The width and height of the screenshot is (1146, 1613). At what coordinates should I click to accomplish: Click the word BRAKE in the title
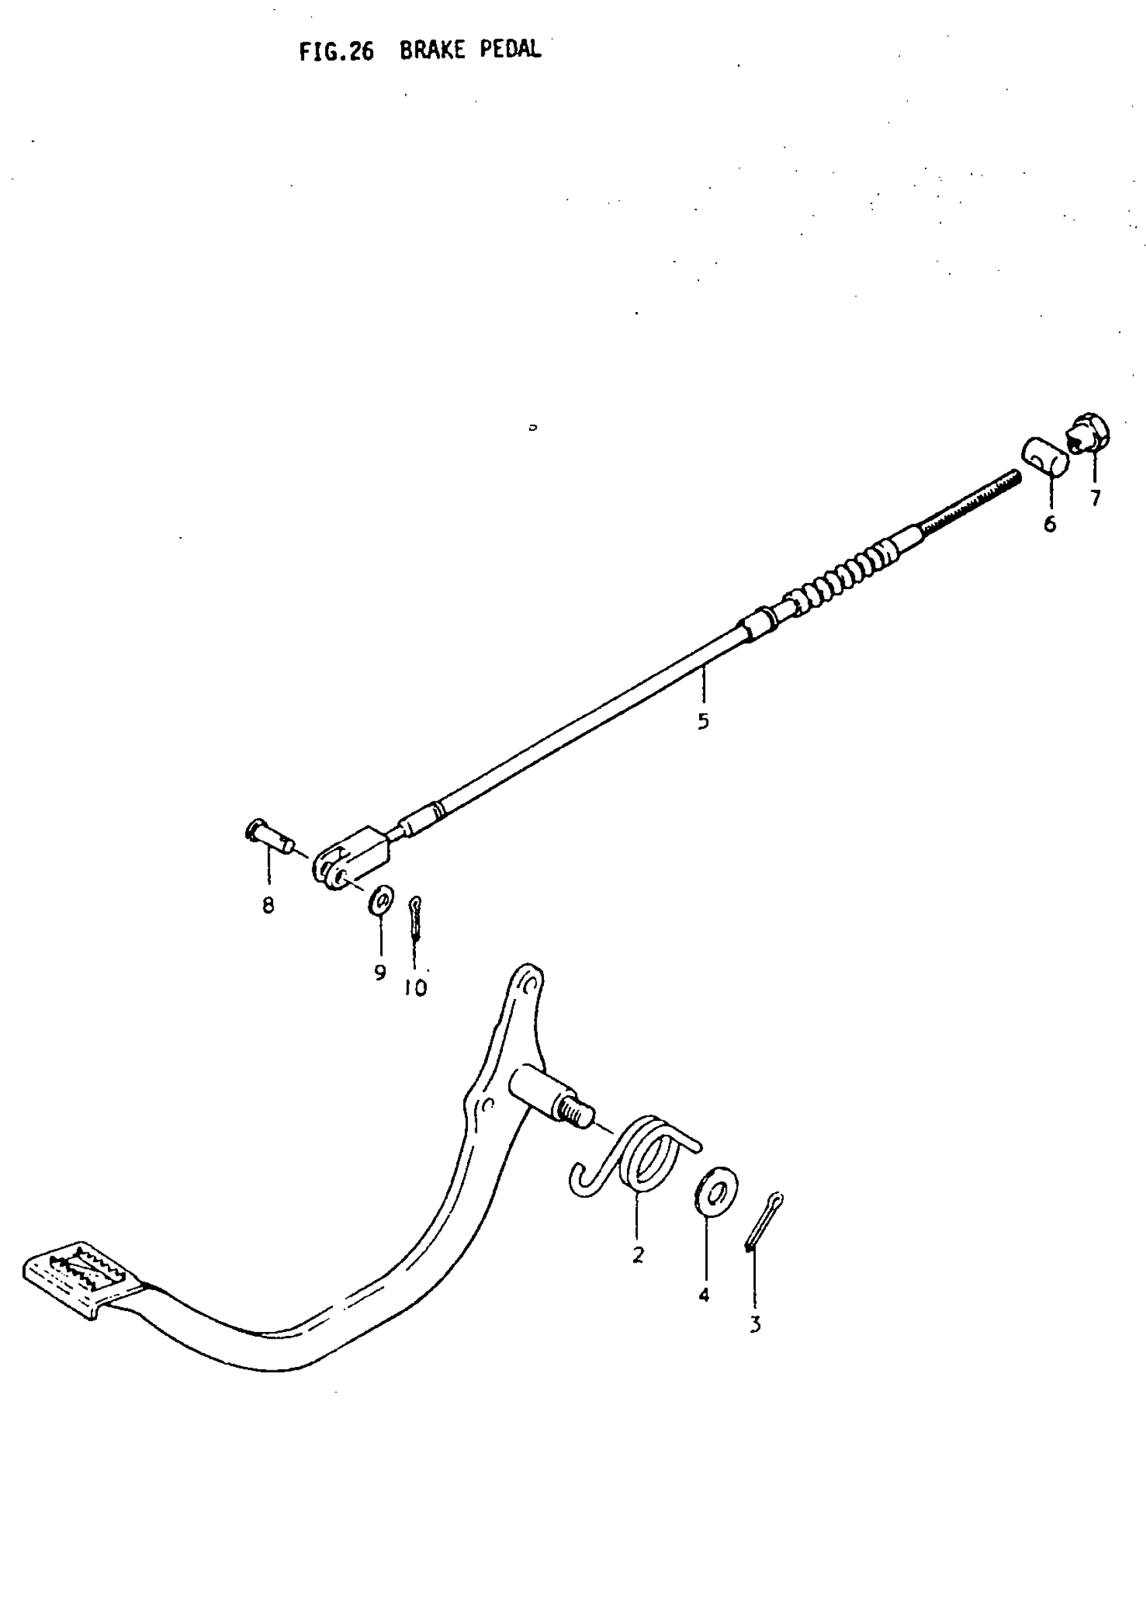pos(432,51)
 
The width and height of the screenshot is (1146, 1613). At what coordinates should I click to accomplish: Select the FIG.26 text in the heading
pos(336,51)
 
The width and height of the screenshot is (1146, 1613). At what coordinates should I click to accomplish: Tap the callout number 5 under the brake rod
pos(703,721)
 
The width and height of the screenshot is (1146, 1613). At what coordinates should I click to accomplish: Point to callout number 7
pos(1095,498)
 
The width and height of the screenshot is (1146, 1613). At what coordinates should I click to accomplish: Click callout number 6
pos(1050,524)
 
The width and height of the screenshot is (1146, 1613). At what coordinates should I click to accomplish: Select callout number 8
pos(268,905)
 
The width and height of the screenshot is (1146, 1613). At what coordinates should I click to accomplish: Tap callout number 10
pos(416,988)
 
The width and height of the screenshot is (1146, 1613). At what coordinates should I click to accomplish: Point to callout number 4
pos(704,1295)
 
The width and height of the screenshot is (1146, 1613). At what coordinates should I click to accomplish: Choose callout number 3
pos(755,1325)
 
